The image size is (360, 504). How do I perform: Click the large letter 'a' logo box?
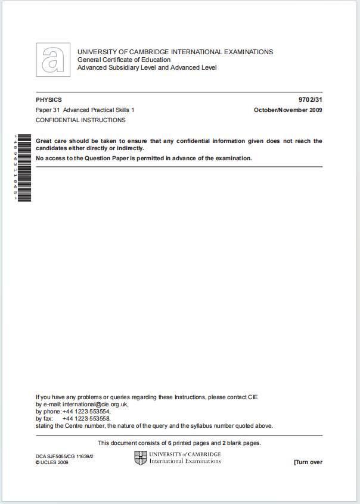(x=53, y=60)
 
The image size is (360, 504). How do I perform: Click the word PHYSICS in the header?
(x=49, y=100)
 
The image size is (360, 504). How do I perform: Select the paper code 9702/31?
(x=310, y=100)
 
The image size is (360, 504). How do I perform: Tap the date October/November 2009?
(x=288, y=110)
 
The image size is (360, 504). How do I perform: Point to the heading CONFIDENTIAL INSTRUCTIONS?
(x=80, y=120)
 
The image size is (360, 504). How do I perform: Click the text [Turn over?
(x=308, y=462)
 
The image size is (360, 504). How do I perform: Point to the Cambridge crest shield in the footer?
(x=140, y=458)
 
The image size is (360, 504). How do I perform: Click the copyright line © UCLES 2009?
(x=52, y=462)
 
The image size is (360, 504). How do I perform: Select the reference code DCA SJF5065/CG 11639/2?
(x=65, y=456)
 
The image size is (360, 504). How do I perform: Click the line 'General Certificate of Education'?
(x=124, y=60)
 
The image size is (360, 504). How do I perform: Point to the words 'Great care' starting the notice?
(x=51, y=141)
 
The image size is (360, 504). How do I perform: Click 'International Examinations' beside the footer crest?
(x=185, y=461)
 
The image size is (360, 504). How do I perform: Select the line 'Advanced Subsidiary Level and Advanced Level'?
(x=147, y=67)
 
